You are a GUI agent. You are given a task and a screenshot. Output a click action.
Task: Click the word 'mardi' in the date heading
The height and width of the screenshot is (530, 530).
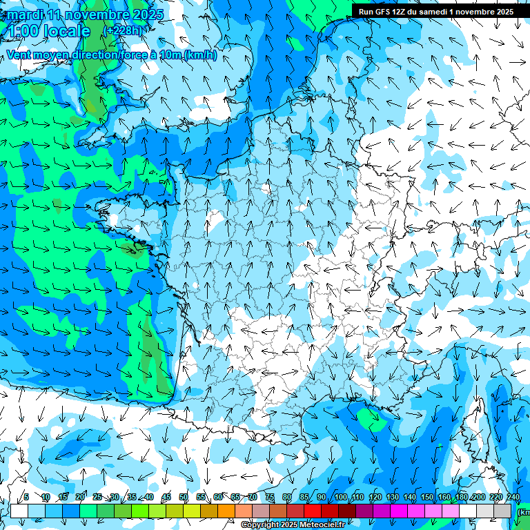25,14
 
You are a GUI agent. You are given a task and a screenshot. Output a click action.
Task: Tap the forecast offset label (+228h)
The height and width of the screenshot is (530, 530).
125,31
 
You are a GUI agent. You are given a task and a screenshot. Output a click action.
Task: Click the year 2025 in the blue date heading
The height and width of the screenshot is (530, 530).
147,14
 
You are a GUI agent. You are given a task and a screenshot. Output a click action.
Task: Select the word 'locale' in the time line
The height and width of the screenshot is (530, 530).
66,31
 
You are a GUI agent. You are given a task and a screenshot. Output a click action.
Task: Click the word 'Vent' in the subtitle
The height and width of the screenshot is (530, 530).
20,55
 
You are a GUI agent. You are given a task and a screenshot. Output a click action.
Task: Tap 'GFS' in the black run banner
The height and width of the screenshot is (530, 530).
386,12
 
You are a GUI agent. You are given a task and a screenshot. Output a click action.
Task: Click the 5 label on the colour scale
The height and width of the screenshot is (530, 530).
26,497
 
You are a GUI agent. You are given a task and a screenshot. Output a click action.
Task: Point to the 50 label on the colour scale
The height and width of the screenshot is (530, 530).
183,497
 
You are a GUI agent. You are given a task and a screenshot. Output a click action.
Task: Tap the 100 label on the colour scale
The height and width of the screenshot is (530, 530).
340,497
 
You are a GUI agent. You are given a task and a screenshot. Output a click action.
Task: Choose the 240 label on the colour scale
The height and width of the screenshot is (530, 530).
513,497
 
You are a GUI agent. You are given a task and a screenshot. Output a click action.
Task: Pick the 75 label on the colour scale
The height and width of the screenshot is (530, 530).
270,497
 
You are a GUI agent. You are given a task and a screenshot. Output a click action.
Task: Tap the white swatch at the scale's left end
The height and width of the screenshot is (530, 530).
19,511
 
